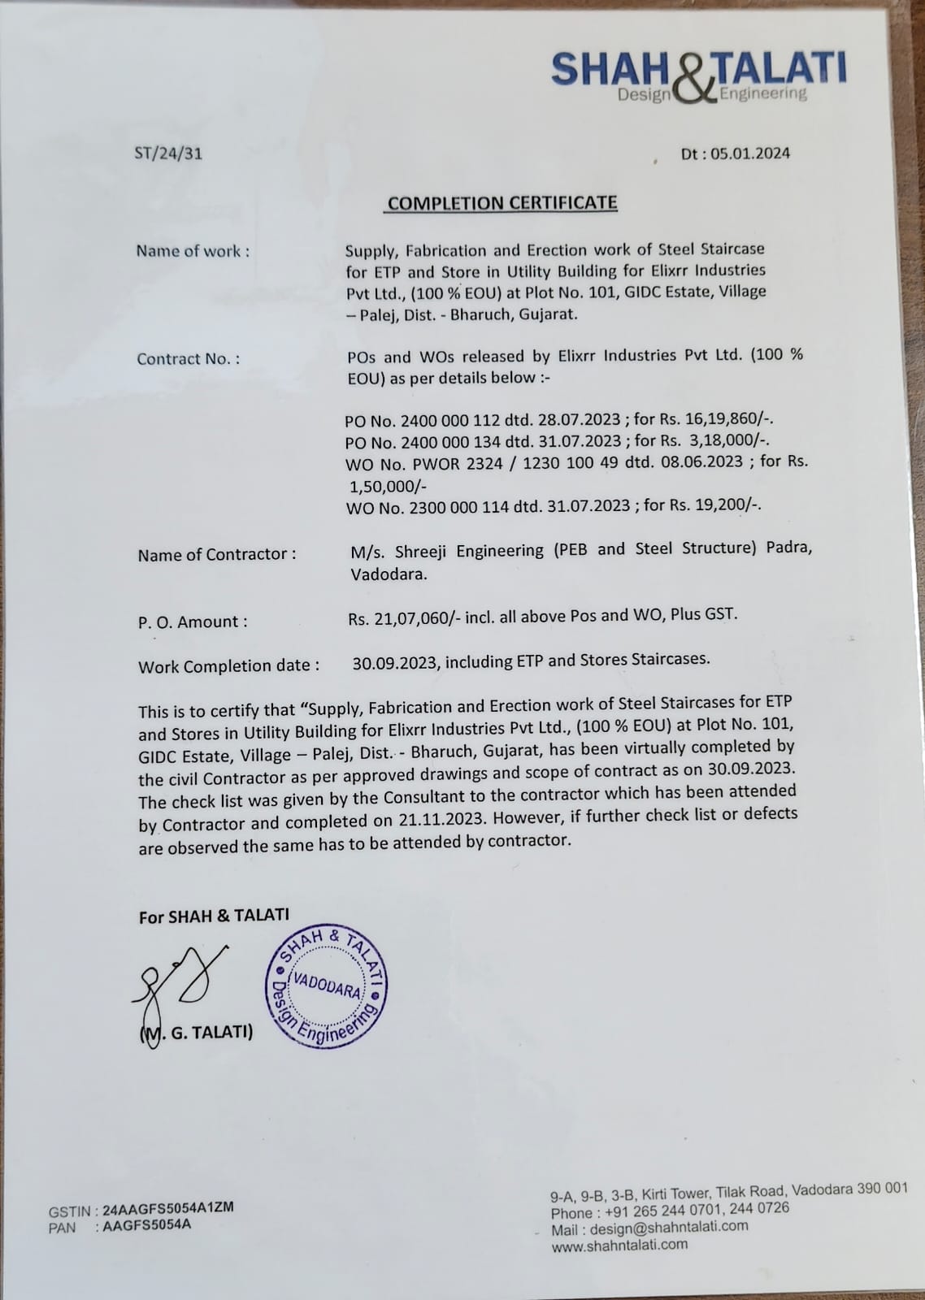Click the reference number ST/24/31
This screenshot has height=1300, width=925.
[x=168, y=153]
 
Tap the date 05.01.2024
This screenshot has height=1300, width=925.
[x=749, y=154]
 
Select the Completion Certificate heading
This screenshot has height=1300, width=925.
[x=502, y=203]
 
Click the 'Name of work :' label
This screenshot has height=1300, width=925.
[x=193, y=251]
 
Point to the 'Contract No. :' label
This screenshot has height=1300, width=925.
[x=188, y=359]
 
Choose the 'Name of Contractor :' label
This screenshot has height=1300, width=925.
[x=216, y=555]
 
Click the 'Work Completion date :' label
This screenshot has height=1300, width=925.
[x=228, y=666]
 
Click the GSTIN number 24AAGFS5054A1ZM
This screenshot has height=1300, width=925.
[x=168, y=1207]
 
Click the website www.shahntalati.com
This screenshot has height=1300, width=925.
[x=619, y=1245]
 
